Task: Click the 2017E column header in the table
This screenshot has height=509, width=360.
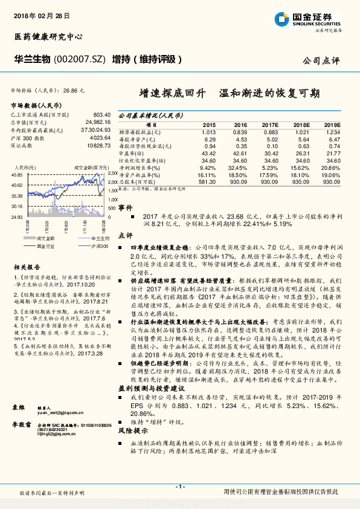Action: [x=270, y=124]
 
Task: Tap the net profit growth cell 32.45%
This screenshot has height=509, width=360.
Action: [x=239, y=167]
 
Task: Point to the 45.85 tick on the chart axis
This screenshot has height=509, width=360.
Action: [x=17, y=175]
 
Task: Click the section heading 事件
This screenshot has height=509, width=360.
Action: [x=125, y=207]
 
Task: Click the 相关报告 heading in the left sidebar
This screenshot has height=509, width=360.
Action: [x=27, y=267]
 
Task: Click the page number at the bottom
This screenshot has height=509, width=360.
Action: [x=179, y=486]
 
